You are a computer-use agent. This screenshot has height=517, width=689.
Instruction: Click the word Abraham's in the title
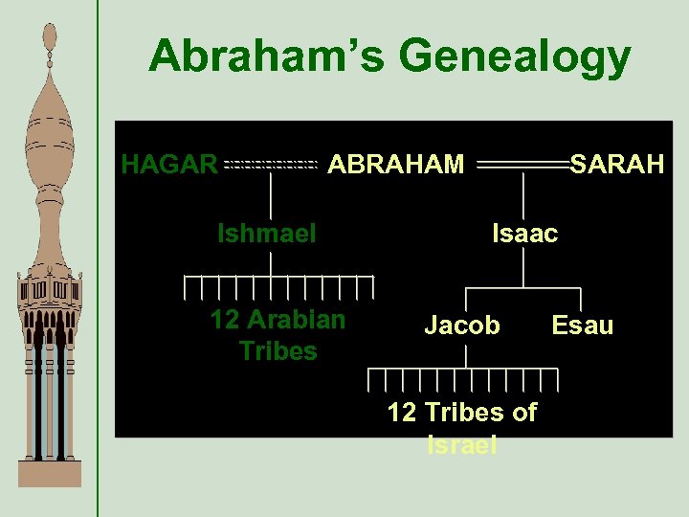pos(267,56)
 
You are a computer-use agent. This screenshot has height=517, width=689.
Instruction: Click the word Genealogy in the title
pos(515,58)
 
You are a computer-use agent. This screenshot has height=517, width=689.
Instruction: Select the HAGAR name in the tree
pos(169,165)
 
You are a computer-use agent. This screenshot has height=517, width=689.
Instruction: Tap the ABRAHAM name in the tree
pos(396,165)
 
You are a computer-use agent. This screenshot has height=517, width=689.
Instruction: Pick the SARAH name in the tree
pos(617,165)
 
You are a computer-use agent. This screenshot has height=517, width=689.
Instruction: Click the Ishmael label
pos(267,233)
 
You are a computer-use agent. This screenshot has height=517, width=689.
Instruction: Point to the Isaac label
pos(524,233)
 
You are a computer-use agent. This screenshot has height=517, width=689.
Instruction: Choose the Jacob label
pos(462,326)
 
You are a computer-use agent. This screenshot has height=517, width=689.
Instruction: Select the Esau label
pos(582,326)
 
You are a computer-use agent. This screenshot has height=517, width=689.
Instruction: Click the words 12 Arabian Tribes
pos(278,335)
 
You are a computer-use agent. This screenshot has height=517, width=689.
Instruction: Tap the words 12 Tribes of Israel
pos(462,427)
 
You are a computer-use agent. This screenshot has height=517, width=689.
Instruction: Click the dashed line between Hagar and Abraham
pos(270,166)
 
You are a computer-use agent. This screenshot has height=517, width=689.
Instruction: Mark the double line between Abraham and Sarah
pos(522,166)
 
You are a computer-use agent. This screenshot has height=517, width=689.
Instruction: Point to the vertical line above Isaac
pos(523,199)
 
